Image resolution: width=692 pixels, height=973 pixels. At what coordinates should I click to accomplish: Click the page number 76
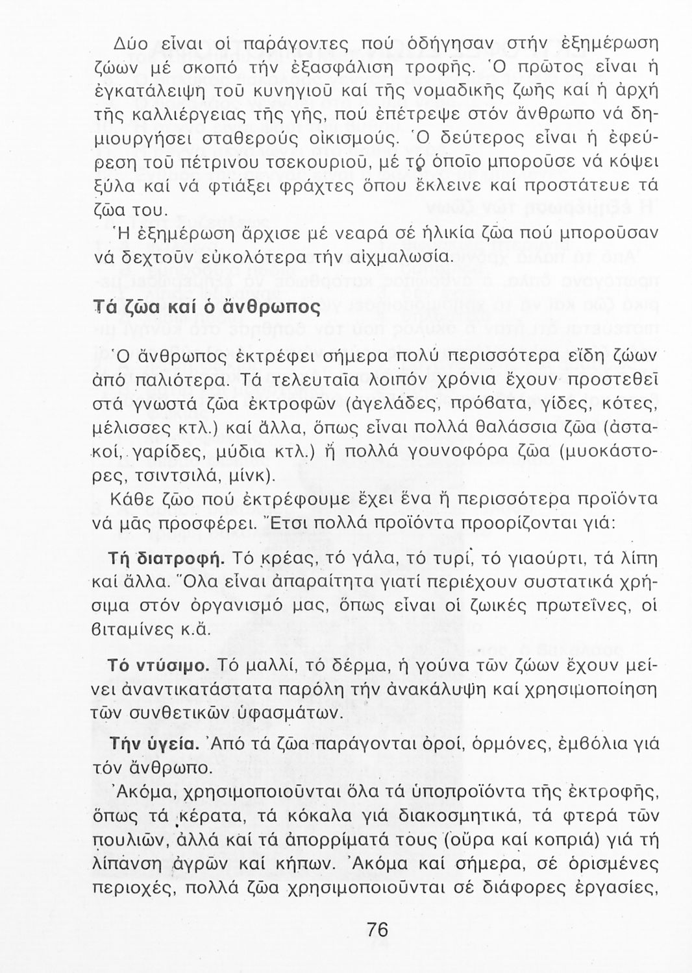377,930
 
